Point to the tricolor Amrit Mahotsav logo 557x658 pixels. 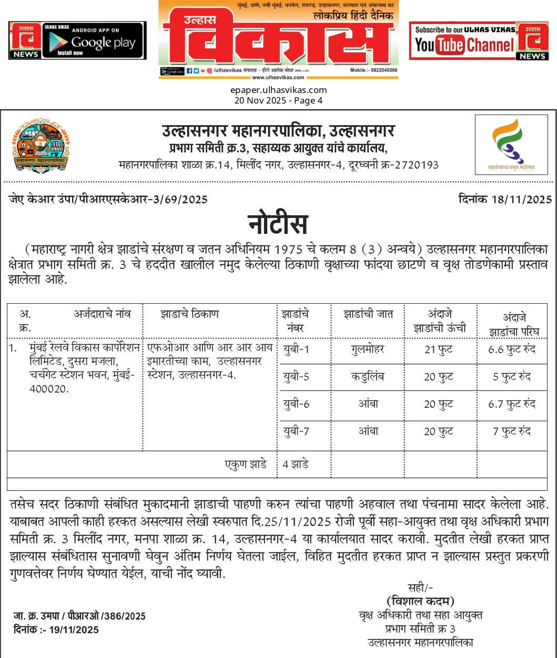[x=511, y=145]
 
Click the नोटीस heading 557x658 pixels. [x=278, y=224]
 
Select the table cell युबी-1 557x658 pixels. [x=296, y=349]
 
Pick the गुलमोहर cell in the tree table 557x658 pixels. [x=368, y=349]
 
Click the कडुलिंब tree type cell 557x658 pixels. [x=368, y=377]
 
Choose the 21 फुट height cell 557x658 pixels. [x=439, y=350]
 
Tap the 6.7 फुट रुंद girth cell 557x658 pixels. [x=512, y=404]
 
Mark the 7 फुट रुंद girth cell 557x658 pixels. [x=512, y=431]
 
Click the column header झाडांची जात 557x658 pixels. [x=368, y=314]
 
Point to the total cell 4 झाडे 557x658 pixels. [x=296, y=465]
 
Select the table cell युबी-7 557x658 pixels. [x=296, y=431]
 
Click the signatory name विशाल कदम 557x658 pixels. [x=420, y=601]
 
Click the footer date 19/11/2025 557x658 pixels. [x=75, y=630]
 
